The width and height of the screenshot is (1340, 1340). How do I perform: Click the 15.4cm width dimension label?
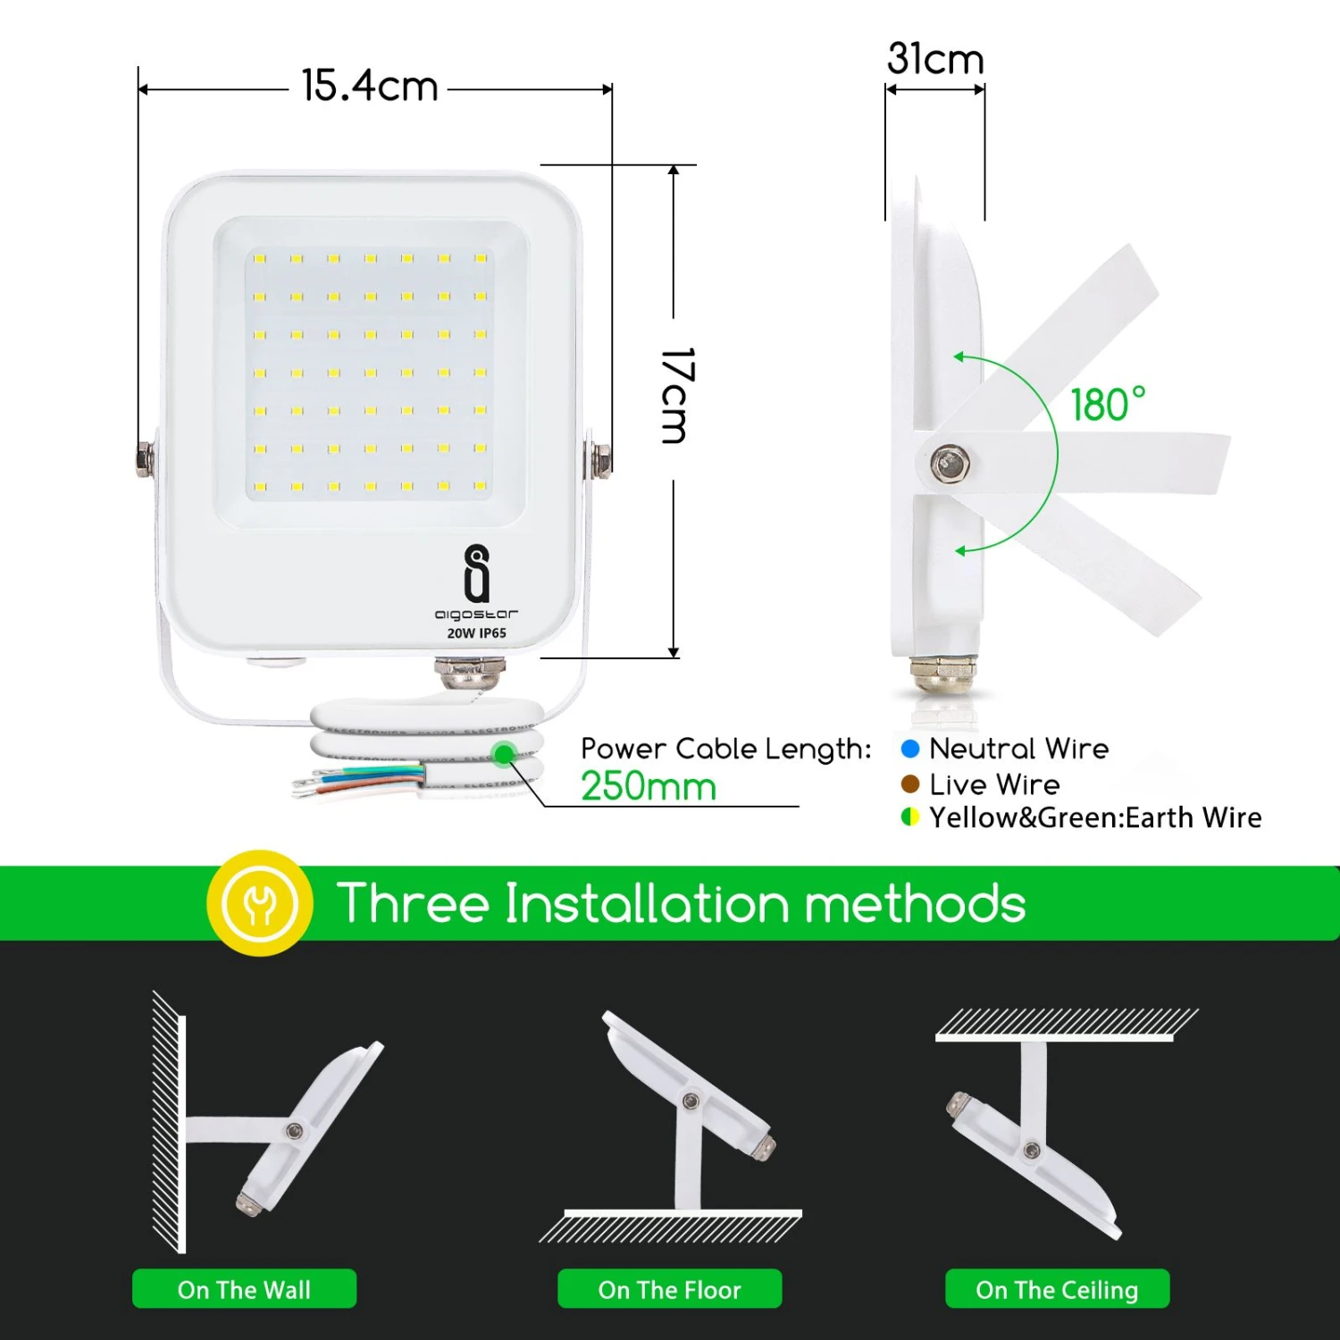click(x=370, y=87)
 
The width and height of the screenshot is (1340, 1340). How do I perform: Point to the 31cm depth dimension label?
click(x=935, y=59)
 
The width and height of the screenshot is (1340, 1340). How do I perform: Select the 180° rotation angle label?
click(x=1108, y=405)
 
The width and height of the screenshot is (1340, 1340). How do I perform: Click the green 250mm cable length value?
click(x=649, y=787)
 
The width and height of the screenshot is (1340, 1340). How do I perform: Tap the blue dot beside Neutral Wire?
click(x=910, y=749)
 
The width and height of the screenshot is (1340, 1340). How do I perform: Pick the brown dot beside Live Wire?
click(x=910, y=784)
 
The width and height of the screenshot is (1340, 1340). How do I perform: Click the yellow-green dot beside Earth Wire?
click(x=910, y=817)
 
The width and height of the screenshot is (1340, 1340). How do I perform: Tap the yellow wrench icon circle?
click(x=260, y=903)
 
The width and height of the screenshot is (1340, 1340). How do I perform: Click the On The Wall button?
click(x=244, y=1289)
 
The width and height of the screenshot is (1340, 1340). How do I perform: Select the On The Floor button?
click(x=670, y=1289)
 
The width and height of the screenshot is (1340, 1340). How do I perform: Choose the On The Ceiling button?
click(x=1058, y=1289)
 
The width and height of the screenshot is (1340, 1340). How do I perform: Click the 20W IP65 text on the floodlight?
click(x=477, y=633)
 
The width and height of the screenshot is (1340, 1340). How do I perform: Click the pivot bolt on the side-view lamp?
click(x=950, y=464)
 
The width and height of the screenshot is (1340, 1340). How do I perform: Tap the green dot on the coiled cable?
click(x=505, y=754)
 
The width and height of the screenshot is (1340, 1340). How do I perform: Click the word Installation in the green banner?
click(x=648, y=903)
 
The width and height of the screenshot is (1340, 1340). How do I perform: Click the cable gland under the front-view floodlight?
click(x=469, y=672)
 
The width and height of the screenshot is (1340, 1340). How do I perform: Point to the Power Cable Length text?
click(x=725, y=749)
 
